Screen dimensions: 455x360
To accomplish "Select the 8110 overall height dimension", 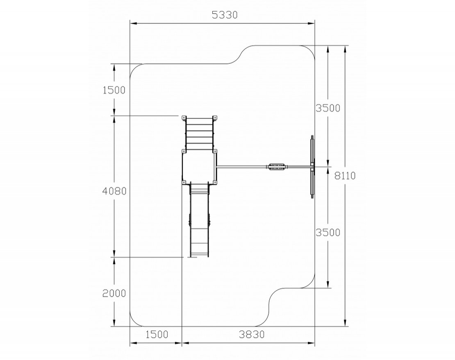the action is (x=345, y=176).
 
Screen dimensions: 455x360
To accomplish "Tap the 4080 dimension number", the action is (x=114, y=191).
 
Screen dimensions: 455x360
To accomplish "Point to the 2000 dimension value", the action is (x=114, y=293).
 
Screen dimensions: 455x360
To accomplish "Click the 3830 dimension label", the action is (x=252, y=335).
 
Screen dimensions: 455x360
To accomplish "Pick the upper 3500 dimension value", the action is (x=328, y=108).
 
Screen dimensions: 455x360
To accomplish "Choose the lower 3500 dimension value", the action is (x=328, y=233).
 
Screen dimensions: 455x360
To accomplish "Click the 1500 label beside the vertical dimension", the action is (x=114, y=90).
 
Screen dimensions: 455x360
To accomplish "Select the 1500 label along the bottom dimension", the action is (x=157, y=335).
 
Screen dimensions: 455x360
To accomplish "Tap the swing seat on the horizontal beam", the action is (x=276, y=167).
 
